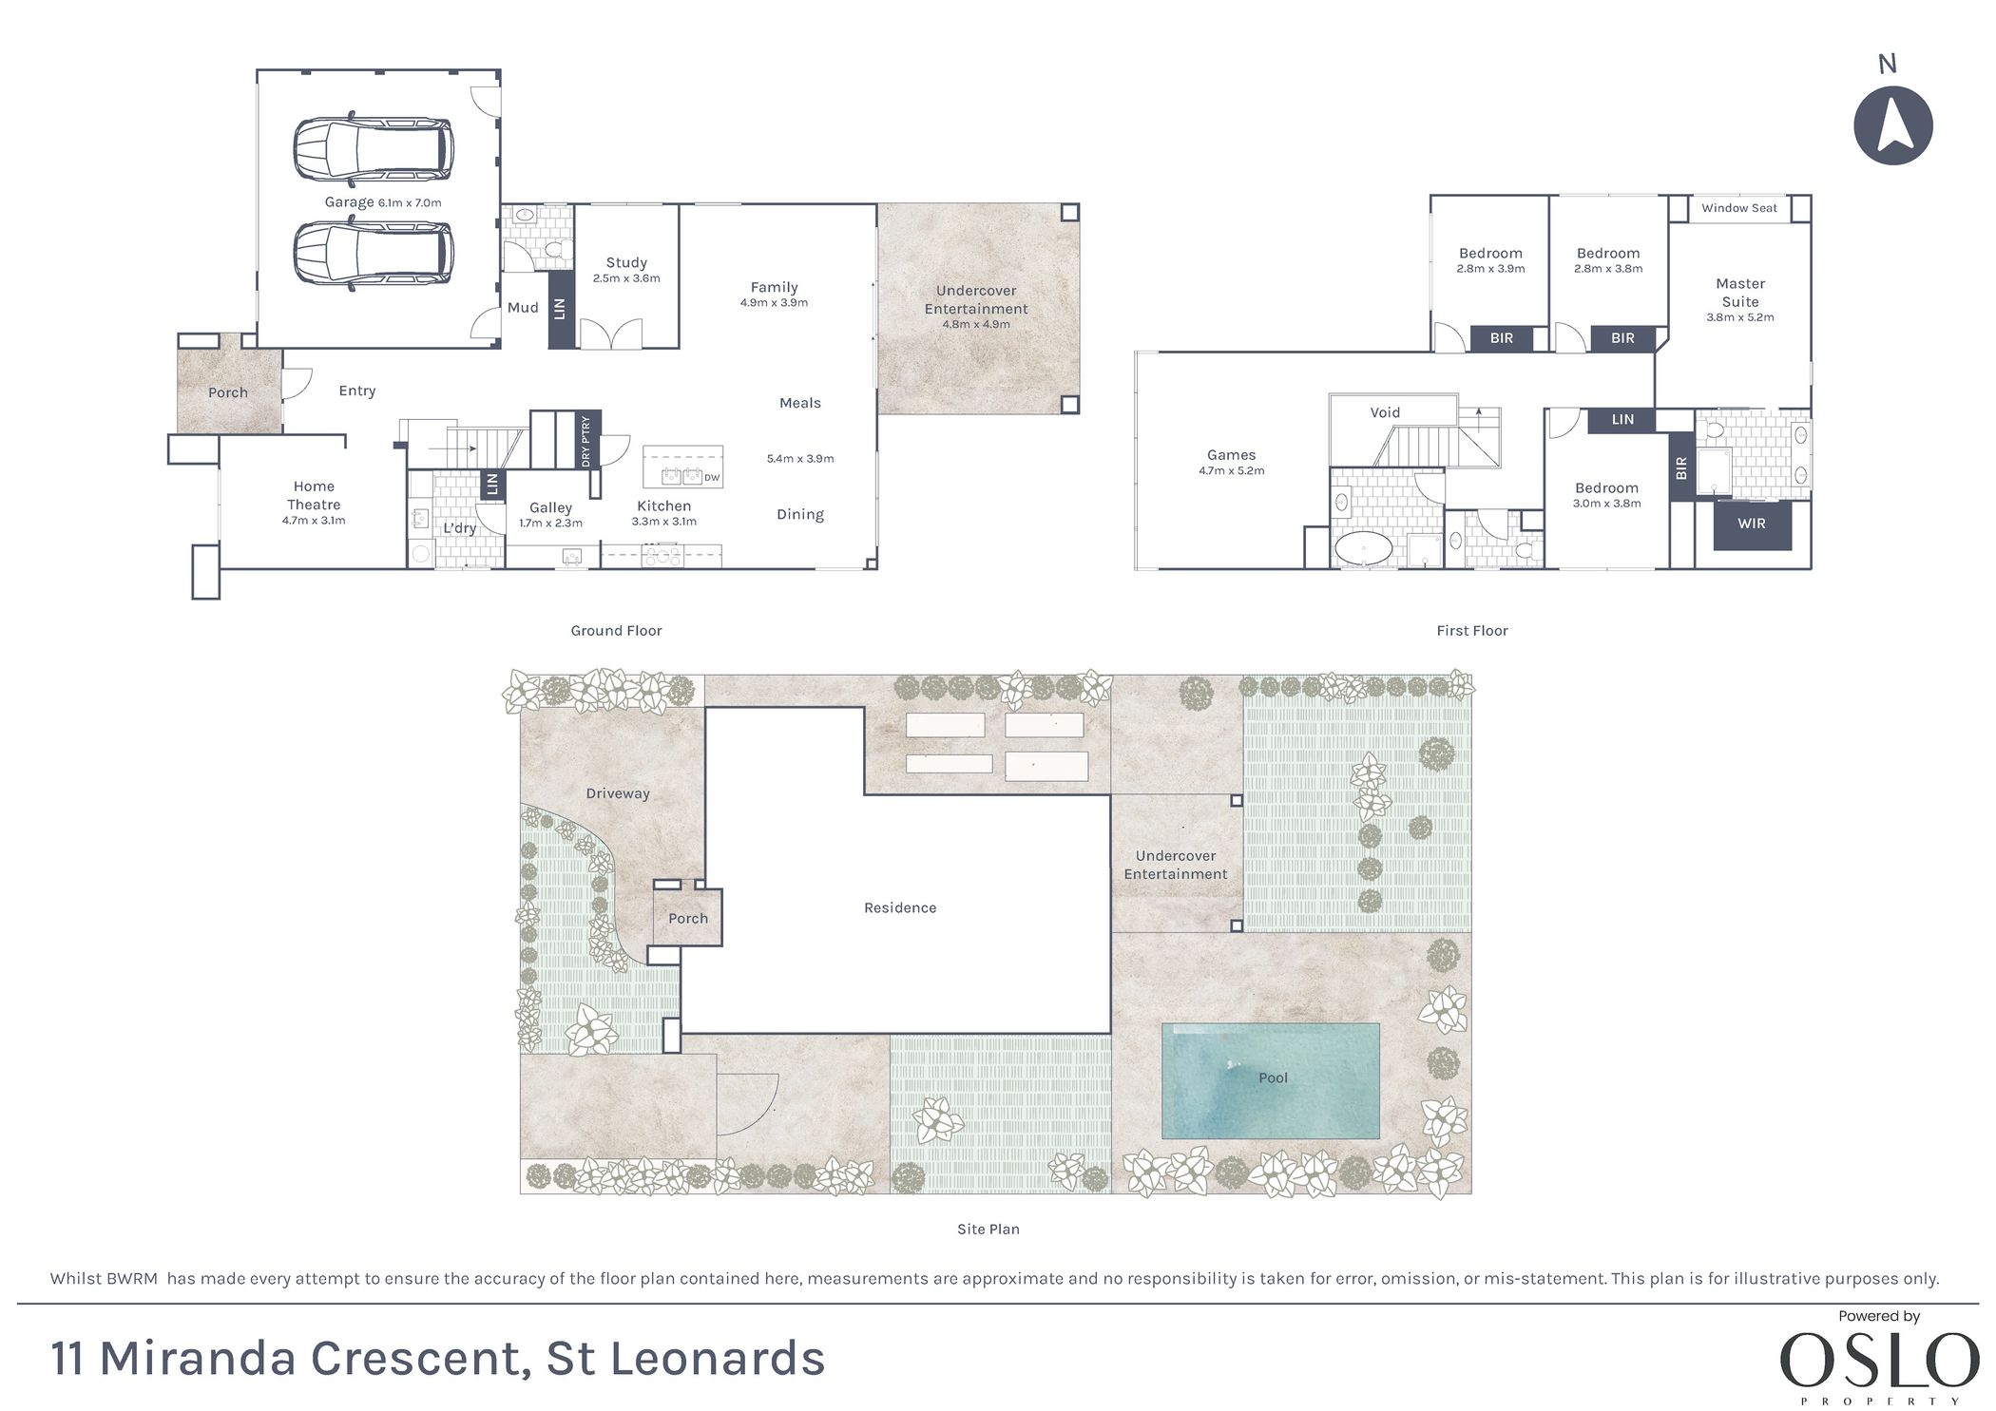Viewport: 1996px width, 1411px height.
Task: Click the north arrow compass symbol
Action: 1892,125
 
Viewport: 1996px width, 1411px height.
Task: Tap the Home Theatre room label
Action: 314,495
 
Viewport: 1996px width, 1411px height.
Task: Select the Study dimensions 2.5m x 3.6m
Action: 626,278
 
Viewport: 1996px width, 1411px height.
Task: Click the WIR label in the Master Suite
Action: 1752,524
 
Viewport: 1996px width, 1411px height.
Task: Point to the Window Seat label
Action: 1739,208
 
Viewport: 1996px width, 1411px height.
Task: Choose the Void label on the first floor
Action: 1385,412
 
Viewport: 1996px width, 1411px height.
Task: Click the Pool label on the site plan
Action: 1273,1077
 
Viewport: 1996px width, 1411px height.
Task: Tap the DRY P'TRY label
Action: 585,440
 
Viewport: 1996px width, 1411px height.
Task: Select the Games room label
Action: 1232,455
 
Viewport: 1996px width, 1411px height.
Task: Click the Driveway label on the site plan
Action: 618,793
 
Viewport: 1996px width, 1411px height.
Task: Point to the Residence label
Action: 900,907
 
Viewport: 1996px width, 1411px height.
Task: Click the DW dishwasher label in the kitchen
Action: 712,478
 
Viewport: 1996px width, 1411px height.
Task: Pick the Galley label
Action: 551,508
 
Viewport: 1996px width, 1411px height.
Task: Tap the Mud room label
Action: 523,308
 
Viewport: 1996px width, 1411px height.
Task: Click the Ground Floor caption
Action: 616,631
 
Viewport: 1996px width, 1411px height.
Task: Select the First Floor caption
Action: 1472,631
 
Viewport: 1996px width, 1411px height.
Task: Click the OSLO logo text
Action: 1879,1361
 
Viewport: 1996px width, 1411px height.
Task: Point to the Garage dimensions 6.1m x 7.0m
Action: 410,202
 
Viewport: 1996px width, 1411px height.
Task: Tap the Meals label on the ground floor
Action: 800,403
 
